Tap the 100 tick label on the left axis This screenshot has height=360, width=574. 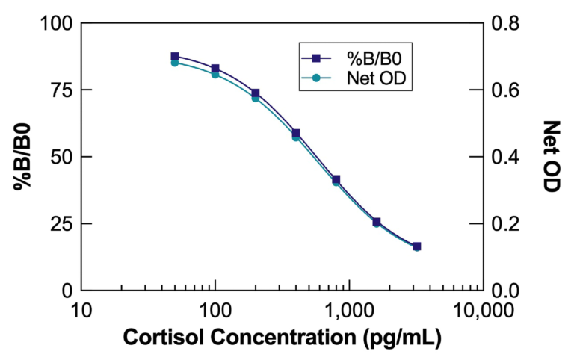(x=56, y=24)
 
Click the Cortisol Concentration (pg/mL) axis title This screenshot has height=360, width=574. (x=281, y=338)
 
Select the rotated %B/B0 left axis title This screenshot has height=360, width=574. (x=24, y=157)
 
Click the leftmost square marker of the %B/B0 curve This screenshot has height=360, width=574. (x=175, y=56)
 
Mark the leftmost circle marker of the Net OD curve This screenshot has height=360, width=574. (x=175, y=63)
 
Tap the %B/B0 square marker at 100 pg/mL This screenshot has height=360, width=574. (x=215, y=69)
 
